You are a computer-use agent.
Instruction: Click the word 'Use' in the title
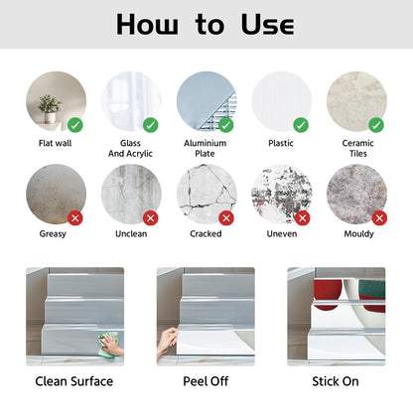(x=267, y=24)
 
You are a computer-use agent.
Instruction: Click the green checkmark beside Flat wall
(x=75, y=125)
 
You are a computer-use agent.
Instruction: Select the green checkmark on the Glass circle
(x=151, y=125)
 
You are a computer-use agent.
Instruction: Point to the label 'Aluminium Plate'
(x=206, y=148)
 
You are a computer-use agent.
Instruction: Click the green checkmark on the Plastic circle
(x=301, y=125)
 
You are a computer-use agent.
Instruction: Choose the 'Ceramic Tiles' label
(x=358, y=148)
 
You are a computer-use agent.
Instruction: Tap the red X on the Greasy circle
(x=75, y=218)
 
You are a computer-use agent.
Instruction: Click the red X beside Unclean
(x=151, y=218)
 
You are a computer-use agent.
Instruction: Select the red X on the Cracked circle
(x=226, y=218)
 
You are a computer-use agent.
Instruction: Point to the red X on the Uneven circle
(x=302, y=218)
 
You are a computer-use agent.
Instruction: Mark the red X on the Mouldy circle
(x=379, y=218)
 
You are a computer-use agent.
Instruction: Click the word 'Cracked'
(x=206, y=233)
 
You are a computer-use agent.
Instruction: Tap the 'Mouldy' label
(x=359, y=234)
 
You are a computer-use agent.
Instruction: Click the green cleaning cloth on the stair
(x=109, y=345)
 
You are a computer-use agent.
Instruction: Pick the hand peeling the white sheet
(x=167, y=343)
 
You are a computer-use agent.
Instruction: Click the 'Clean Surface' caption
(x=74, y=381)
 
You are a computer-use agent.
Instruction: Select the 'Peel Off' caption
(x=206, y=381)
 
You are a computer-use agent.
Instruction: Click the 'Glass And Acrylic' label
(x=130, y=148)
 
